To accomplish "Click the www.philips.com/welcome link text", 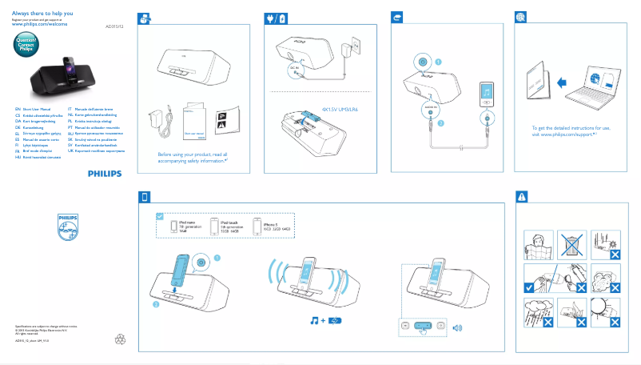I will click(x=39, y=24).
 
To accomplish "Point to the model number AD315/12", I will click(x=115, y=26).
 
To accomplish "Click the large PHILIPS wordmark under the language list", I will click(x=105, y=172).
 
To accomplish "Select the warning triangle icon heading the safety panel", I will click(x=521, y=196).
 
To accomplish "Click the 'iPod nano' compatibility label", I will click(x=188, y=223).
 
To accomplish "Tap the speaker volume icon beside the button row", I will click(x=457, y=327).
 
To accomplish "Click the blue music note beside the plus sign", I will click(x=315, y=321).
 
